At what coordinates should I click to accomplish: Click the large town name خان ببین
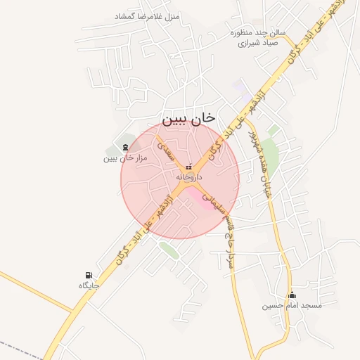(x=189, y=119)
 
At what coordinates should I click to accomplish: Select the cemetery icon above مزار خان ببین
(x=125, y=147)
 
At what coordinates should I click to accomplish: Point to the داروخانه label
(x=189, y=177)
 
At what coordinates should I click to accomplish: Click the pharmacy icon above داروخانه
(x=188, y=167)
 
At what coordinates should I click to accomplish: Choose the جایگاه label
(x=89, y=285)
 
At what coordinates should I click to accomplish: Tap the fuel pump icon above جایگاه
(x=89, y=275)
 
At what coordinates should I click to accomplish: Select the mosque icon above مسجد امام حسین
(x=292, y=295)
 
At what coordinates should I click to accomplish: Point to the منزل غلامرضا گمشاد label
(x=147, y=15)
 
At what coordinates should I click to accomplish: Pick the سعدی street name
(x=165, y=150)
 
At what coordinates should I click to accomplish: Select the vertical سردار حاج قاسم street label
(x=227, y=243)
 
